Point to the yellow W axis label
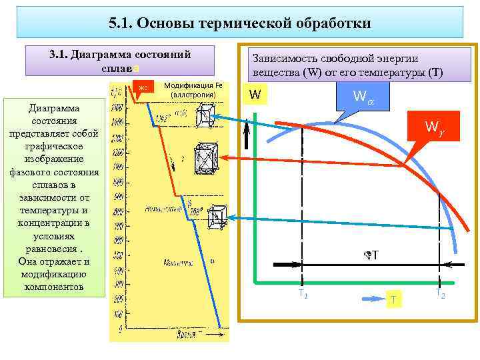pos(254,95)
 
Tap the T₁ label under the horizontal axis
pos(302,294)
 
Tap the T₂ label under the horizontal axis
pos(440,293)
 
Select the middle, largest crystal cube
pos(205,159)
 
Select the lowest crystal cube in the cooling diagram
pos(215,217)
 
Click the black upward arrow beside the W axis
pos(246,131)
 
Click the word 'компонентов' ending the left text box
pos(54,287)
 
